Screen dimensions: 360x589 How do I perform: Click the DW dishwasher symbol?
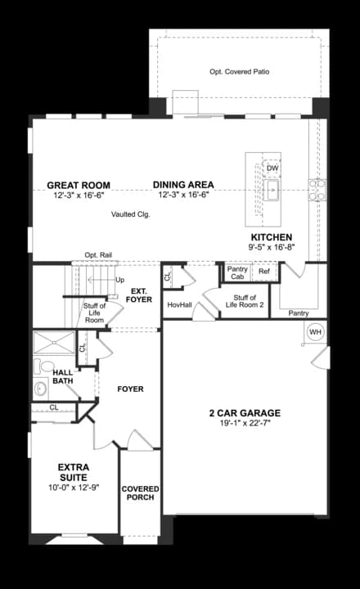(272, 168)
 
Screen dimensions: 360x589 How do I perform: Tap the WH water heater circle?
(316, 332)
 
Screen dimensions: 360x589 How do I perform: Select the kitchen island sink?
(271, 191)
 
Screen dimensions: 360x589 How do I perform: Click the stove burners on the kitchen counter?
(317, 190)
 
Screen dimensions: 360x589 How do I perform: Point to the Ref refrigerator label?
(264, 272)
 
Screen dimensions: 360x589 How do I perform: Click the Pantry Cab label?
(237, 272)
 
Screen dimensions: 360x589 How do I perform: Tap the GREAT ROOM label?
(79, 185)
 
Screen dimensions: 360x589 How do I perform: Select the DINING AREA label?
(183, 185)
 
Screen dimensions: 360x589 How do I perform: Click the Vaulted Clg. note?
(130, 214)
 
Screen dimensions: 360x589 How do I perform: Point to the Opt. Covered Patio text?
(240, 72)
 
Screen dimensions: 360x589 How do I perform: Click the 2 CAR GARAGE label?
(245, 413)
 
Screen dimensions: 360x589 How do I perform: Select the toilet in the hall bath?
(44, 366)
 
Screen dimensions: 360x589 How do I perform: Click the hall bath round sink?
(40, 389)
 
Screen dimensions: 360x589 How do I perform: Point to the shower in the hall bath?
(54, 343)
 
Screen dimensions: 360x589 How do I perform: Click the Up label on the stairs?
(120, 281)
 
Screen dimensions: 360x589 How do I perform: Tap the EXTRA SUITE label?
(74, 473)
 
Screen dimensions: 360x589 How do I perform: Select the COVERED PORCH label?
(140, 492)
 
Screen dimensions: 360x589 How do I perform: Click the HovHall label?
(180, 305)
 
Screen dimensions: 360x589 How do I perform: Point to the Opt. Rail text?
(98, 255)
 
